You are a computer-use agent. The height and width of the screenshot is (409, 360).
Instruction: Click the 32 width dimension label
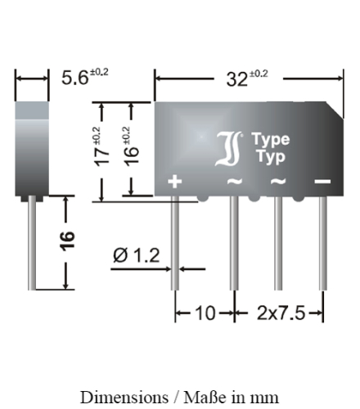pos(247,79)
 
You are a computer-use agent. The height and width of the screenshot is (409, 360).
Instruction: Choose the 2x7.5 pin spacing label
pos(280,313)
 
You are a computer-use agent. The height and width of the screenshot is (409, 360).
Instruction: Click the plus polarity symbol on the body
pos(174,182)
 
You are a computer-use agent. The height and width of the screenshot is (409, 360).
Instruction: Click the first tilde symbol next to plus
pos(234,182)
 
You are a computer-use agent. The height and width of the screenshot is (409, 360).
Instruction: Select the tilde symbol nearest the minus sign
pos(278,182)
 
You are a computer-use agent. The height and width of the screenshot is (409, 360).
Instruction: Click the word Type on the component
pos(270,140)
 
